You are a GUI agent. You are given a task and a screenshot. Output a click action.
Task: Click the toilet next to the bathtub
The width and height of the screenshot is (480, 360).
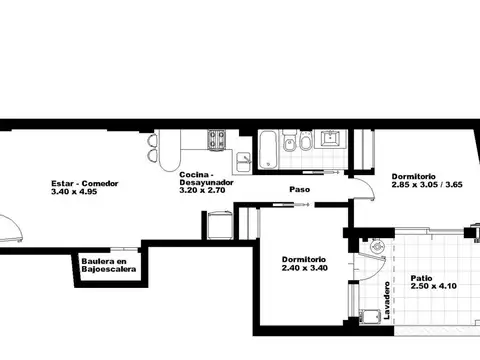[288, 146]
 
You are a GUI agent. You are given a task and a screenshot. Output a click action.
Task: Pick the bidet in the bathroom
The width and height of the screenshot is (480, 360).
[306, 146]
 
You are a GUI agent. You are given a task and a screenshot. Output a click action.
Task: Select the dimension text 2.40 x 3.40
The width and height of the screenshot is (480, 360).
[304, 268]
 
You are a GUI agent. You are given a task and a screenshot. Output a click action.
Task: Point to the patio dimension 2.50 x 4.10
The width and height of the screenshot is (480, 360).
[434, 289]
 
